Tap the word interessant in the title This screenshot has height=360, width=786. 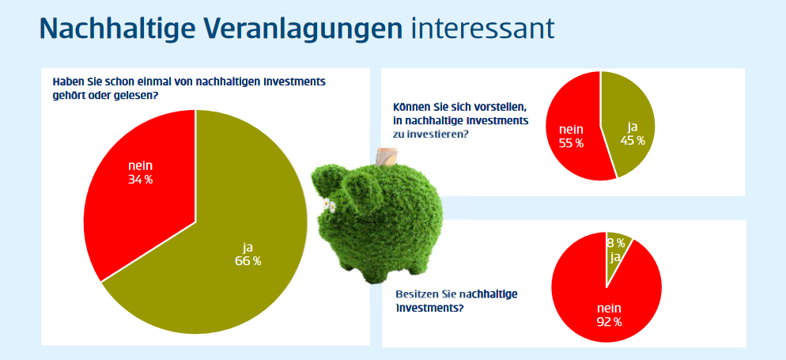point(482,29)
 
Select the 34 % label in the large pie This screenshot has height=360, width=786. point(141,180)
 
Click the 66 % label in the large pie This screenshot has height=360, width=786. point(248,261)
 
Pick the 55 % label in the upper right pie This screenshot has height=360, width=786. point(571,143)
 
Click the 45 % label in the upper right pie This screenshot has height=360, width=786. point(632,140)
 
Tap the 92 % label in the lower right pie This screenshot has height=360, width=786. point(609,322)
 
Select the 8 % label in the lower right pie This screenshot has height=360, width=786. point(616,244)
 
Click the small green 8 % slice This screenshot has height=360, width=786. point(618,253)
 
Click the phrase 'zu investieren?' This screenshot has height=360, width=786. point(431,134)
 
